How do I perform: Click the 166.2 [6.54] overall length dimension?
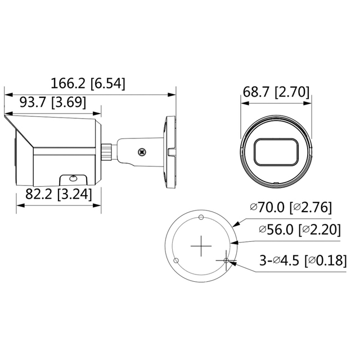[x=88, y=83]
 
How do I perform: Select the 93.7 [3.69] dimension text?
[x=53, y=102]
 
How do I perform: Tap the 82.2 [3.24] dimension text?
[x=58, y=194]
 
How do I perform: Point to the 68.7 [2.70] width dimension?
[x=276, y=92]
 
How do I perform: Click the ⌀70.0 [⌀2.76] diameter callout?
[x=291, y=208]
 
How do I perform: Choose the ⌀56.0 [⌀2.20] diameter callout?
[x=300, y=229]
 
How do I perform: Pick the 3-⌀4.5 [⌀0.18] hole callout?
[x=303, y=260]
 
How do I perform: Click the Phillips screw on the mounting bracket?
[x=142, y=152]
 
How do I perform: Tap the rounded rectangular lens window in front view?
[x=276, y=152]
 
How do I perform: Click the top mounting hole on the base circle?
[x=201, y=217]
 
